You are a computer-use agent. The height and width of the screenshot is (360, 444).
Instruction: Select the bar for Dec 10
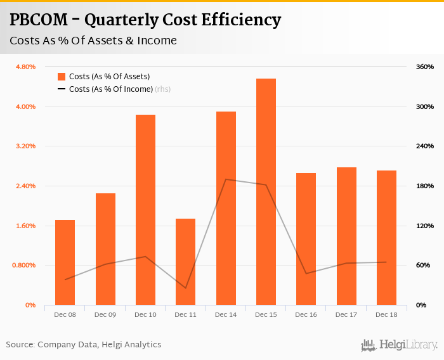pyautogui.click(x=145, y=210)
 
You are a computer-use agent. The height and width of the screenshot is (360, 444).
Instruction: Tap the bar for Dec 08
pyautogui.click(x=65, y=262)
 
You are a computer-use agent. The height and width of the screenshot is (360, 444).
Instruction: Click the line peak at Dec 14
pyautogui.click(x=226, y=179)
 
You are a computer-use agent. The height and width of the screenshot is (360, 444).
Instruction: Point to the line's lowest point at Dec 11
pyautogui.click(x=185, y=288)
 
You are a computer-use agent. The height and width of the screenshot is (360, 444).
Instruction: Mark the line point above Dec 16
pyautogui.click(x=306, y=273)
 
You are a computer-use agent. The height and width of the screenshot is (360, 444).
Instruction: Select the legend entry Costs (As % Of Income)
pyautogui.click(x=111, y=89)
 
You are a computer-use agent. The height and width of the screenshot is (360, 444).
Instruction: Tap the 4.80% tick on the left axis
pyautogui.click(x=25, y=67)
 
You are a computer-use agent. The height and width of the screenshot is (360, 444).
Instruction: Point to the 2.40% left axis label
pyautogui.click(x=25, y=186)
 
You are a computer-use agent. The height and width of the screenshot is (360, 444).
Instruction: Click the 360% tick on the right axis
pyautogui.click(x=424, y=67)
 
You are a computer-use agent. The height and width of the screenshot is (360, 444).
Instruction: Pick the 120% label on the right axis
pyautogui.click(x=424, y=226)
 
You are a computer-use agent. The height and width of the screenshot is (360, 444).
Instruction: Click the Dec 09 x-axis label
pyautogui.click(x=105, y=315)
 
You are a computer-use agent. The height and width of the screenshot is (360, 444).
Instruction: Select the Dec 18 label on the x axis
pyautogui.click(x=386, y=315)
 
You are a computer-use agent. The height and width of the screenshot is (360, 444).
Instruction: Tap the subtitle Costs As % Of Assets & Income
pyautogui.click(x=93, y=41)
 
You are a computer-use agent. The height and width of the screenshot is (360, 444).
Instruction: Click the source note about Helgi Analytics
pyautogui.click(x=84, y=345)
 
